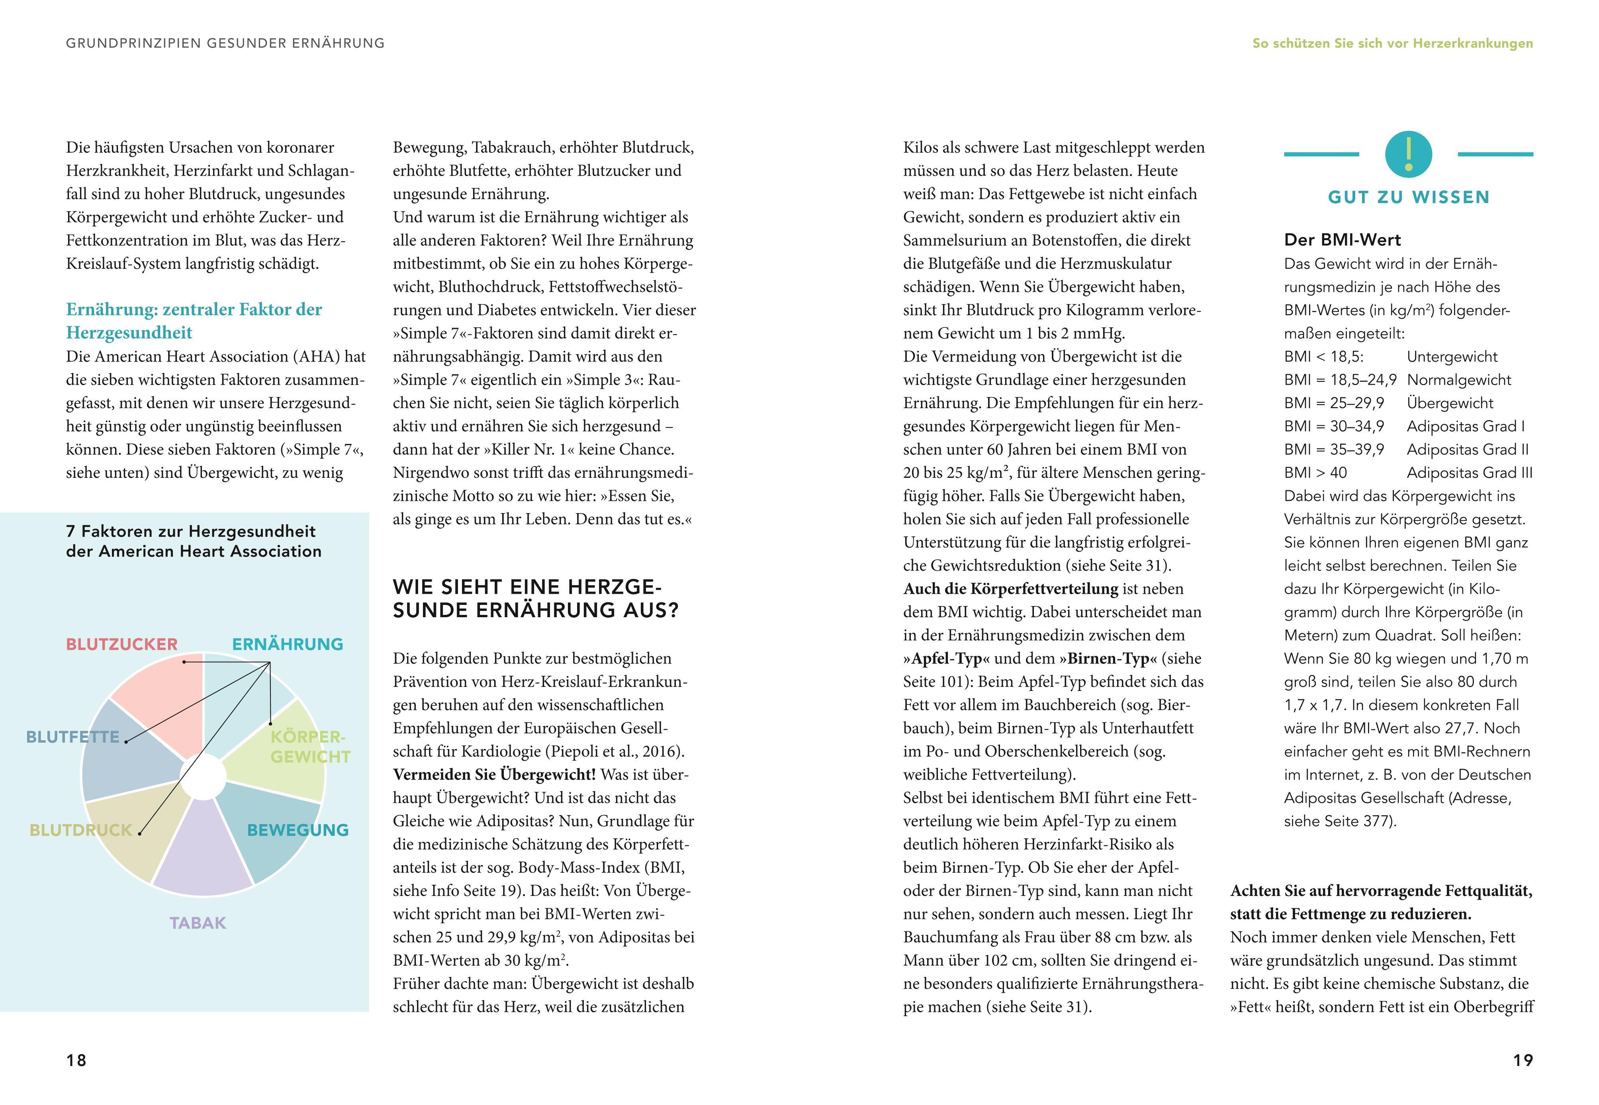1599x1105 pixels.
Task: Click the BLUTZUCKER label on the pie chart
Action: pos(122,645)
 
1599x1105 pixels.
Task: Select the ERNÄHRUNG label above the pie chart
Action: pos(288,645)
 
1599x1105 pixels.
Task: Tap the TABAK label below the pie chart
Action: pos(198,923)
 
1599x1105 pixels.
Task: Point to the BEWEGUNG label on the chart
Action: pos(298,830)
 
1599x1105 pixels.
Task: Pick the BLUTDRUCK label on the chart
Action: pos(80,830)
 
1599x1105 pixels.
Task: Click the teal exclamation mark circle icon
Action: pos(1409,154)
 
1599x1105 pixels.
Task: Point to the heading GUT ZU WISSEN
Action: pos(1409,198)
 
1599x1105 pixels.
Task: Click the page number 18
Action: pos(76,1060)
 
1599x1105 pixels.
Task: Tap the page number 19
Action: pos(1523,1060)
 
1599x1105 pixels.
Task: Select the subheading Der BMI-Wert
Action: pos(1342,240)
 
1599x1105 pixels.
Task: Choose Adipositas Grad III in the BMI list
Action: pos(1470,473)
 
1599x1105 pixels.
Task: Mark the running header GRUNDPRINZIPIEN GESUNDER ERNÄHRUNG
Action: pos(225,43)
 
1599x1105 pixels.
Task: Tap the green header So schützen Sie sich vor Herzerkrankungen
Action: pos(1393,43)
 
